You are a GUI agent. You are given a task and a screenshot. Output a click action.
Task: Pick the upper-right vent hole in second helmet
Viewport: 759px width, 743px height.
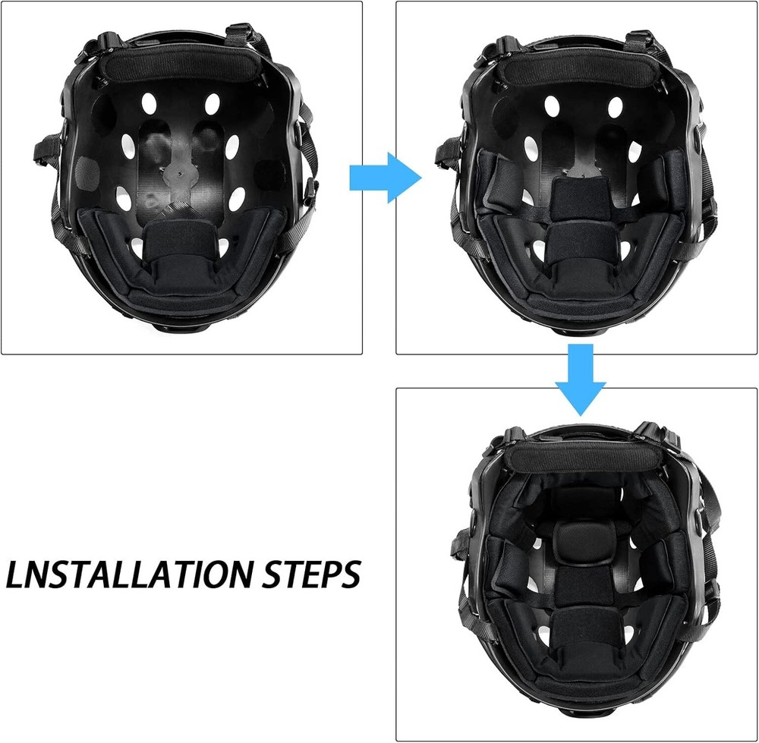616,107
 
